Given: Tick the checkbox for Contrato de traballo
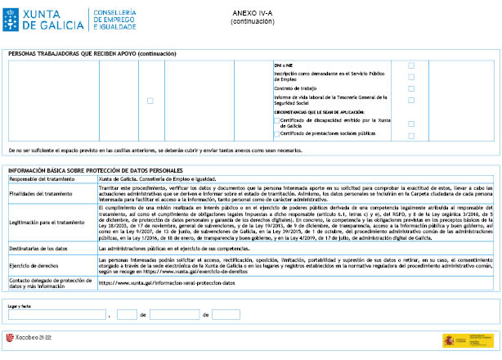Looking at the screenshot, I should [411, 88].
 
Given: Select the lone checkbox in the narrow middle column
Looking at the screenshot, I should [150, 101].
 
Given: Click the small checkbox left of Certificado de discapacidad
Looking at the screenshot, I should [276, 120].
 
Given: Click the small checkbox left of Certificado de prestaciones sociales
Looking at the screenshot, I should [276, 133].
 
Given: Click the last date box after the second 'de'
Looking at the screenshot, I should [226, 314].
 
